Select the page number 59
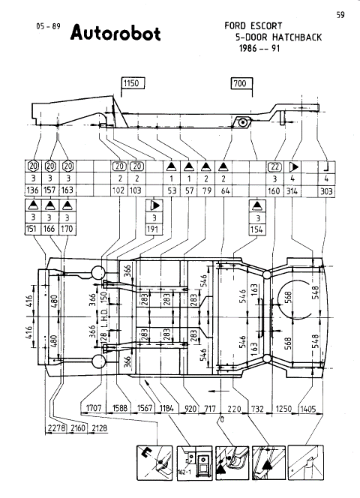point(340,14)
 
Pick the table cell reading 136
point(33,190)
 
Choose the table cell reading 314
point(295,190)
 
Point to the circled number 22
point(274,166)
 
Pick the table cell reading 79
point(206,190)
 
